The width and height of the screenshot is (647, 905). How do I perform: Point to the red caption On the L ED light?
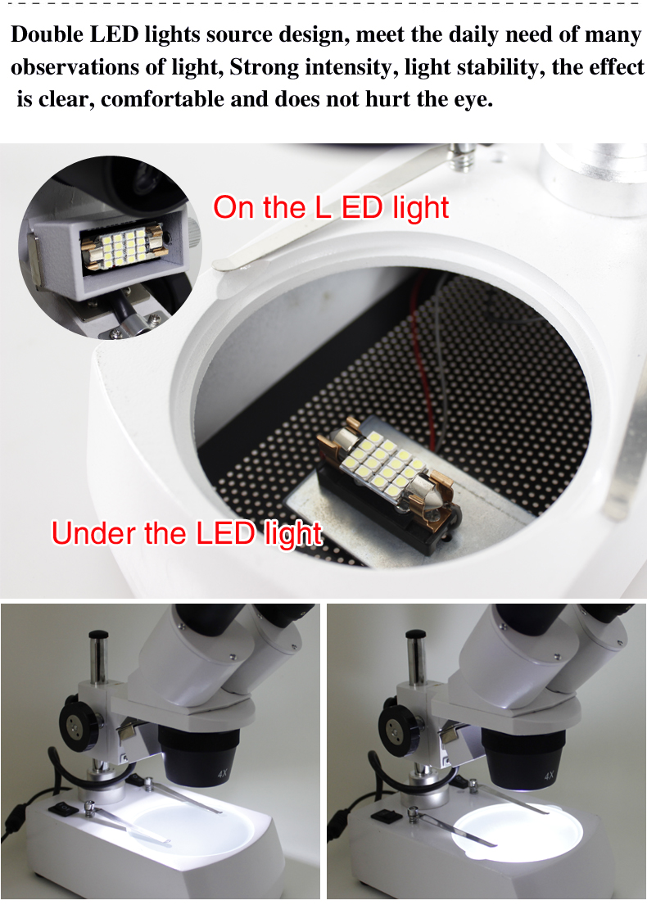pos(331,207)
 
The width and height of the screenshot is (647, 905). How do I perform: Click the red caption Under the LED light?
pos(187,532)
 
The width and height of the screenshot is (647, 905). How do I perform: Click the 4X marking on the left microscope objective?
pos(223,773)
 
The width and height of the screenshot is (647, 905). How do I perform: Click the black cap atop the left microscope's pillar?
pos(98,635)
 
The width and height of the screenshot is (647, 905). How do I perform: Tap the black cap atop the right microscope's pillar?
pos(416,635)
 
